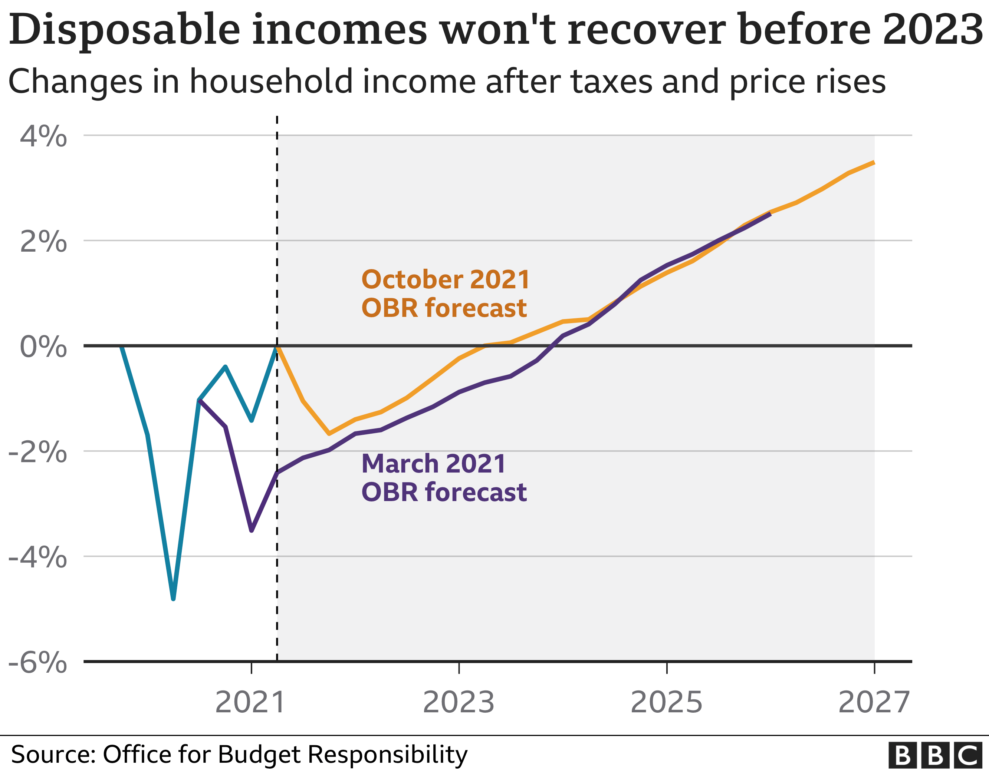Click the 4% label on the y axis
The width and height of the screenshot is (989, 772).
[x=43, y=136]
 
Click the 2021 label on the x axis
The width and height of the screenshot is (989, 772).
[x=250, y=702]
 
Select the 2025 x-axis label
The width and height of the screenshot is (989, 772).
[x=666, y=702]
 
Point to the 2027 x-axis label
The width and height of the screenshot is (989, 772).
[x=874, y=702]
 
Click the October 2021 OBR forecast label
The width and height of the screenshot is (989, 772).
[x=445, y=293]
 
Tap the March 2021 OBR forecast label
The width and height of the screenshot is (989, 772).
[x=444, y=477]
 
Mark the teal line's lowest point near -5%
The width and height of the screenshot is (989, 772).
[x=173, y=599]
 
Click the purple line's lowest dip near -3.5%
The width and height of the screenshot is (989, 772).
[x=251, y=530]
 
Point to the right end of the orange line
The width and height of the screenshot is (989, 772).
[x=874, y=162]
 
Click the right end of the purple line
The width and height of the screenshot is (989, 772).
[x=770, y=213]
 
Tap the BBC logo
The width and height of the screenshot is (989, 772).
[x=938, y=755]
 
